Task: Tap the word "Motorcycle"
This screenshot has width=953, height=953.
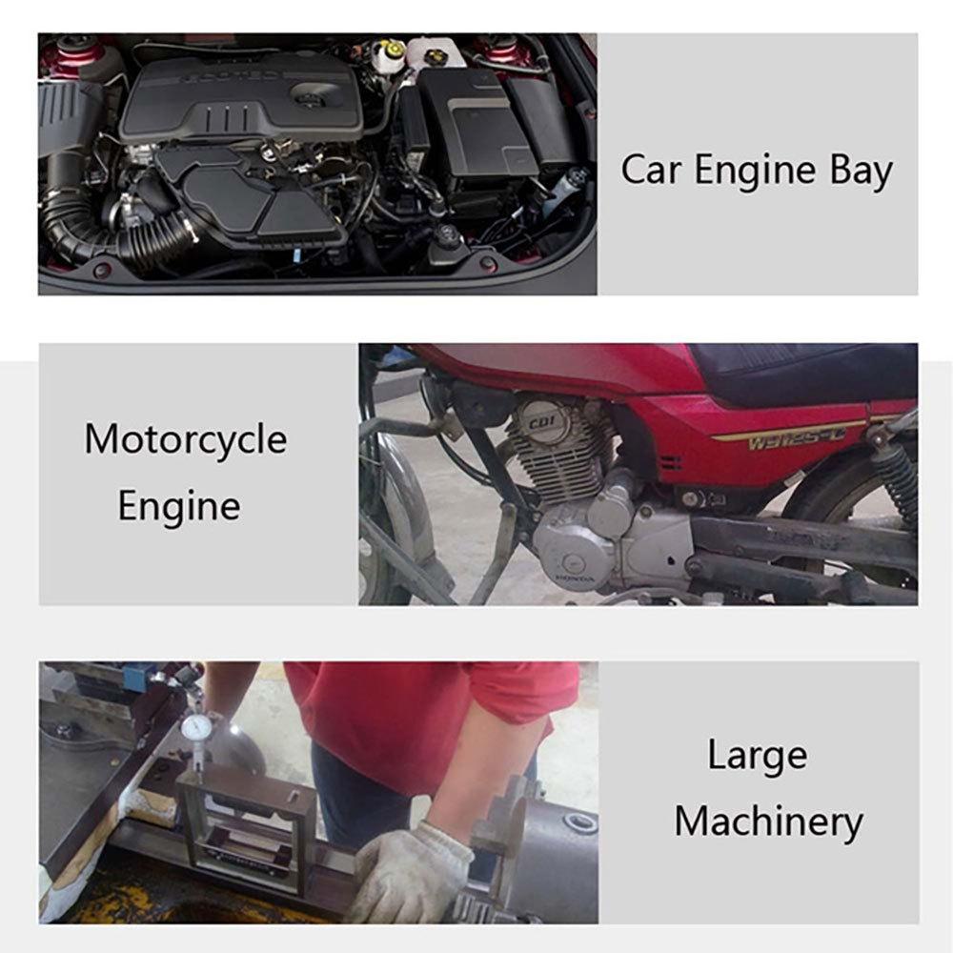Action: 185,439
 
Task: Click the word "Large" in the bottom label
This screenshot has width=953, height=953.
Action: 757,756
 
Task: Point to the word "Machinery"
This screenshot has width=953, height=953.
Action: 768,821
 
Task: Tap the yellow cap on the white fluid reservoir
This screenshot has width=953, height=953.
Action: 390,47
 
